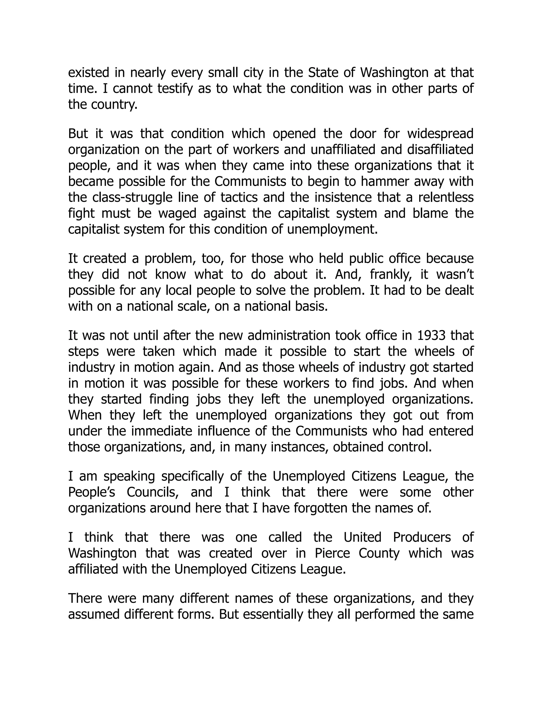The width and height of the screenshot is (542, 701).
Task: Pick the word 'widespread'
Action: pos(441,134)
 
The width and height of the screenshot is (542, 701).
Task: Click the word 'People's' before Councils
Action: pos(92,492)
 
